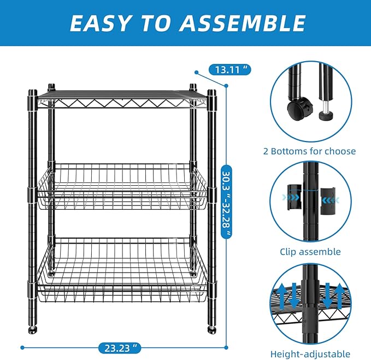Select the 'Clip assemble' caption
coord(310,252)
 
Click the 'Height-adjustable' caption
coord(310,353)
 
